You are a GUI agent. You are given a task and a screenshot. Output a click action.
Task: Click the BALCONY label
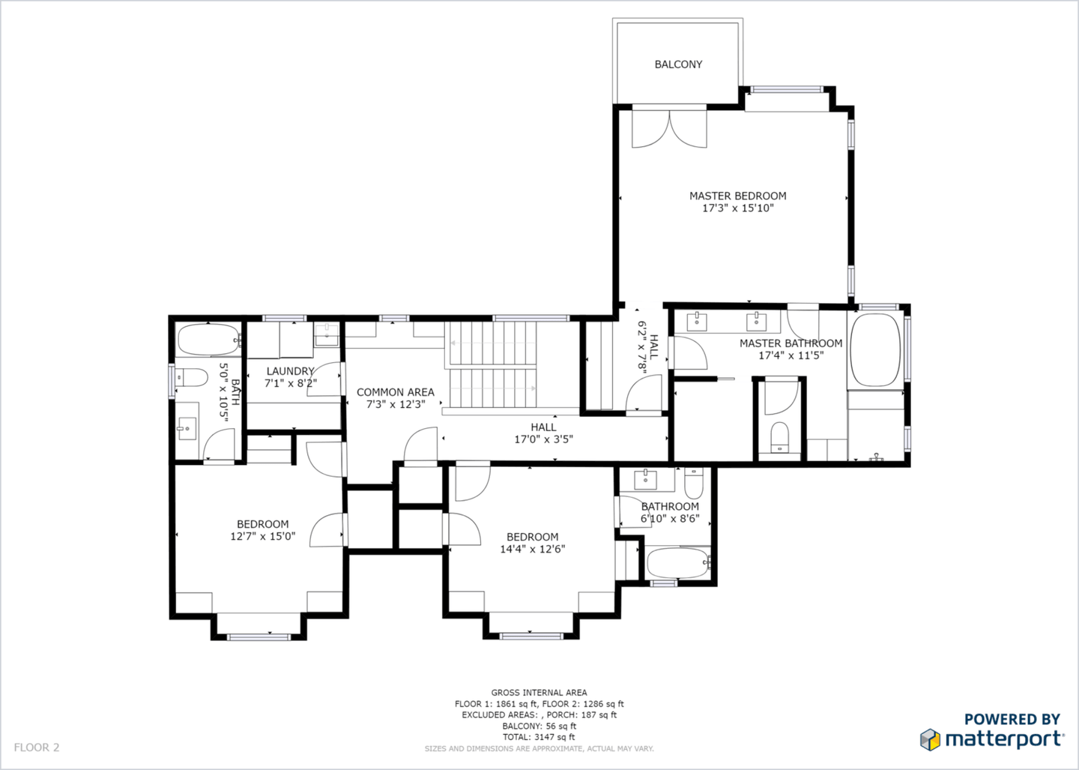(678, 64)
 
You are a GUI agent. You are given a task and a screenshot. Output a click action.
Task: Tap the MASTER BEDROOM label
(737, 196)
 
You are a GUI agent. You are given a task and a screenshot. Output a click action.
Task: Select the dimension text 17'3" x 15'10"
(737, 208)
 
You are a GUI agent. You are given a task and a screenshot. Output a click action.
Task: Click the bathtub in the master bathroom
(875, 350)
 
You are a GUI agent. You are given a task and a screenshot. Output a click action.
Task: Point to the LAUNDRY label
(290, 371)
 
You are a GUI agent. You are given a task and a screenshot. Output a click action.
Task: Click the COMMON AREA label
(395, 392)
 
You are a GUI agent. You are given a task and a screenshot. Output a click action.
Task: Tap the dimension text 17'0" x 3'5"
(543, 439)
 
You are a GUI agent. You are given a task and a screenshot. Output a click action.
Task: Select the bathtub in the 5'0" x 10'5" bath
(208, 340)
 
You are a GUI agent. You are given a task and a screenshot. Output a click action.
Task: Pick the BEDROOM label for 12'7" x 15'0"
(262, 524)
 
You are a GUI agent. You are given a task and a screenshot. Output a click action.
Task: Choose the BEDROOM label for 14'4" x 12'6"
(532, 537)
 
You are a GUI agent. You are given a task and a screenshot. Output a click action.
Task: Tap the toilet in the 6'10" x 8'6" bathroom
(693, 484)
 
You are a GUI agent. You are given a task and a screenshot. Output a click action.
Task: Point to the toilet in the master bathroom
(780, 436)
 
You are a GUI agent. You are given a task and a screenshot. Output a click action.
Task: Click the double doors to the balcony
(669, 129)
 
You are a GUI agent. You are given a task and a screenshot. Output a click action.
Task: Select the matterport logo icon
(930, 739)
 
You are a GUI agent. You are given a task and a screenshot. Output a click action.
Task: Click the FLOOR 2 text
(36, 747)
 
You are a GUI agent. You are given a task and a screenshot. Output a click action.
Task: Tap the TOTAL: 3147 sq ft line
(539, 737)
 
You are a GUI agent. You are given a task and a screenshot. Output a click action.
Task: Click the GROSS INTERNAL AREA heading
(539, 693)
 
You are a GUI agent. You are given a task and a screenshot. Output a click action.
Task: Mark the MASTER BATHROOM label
(791, 343)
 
